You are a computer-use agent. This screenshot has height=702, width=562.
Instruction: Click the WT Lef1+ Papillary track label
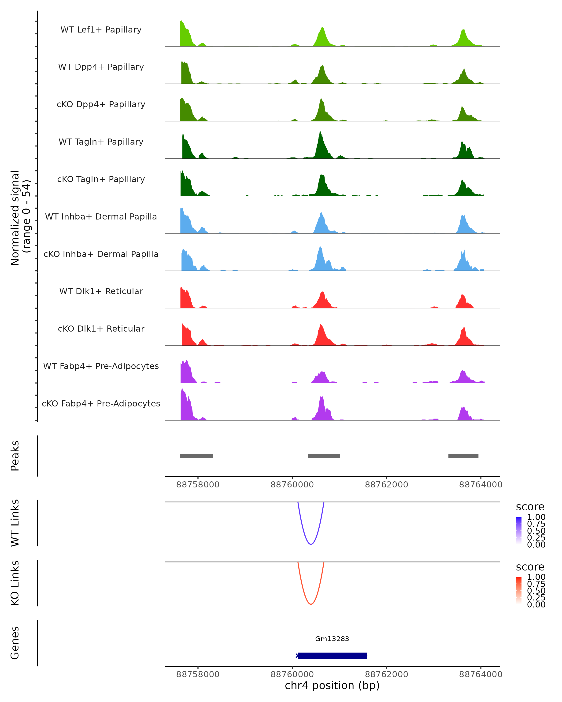(x=101, y=30)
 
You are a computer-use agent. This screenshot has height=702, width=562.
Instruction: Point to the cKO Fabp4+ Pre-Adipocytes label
(x=101, y=403)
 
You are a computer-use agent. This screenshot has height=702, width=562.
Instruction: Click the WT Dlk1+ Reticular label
(x=101, y=291)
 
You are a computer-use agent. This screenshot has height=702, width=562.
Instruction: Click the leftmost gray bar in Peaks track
(x=196, y=456)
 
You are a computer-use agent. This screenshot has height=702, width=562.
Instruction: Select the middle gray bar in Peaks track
(x=324, y=456)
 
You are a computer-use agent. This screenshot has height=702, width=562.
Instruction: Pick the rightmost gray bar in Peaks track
(x=463, y=456)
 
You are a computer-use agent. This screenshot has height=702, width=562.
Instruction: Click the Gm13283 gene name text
(x=332, y=639)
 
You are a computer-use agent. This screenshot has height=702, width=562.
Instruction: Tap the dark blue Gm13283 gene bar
(x=332, y=655)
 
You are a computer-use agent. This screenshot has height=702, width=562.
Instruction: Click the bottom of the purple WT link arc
(x=311, y=544)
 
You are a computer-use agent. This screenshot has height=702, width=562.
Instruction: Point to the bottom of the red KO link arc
(x=311, y=604)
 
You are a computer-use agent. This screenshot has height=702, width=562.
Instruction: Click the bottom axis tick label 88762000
(x=386, y=674)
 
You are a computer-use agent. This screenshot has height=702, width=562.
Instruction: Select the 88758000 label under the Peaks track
(x=198, y=485)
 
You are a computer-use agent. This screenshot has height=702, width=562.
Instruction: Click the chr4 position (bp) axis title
(x=332, y=686)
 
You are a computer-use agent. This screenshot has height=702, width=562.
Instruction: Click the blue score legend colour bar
(x=519, y=530)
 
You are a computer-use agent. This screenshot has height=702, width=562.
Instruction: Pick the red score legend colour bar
(x=519, y=590)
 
